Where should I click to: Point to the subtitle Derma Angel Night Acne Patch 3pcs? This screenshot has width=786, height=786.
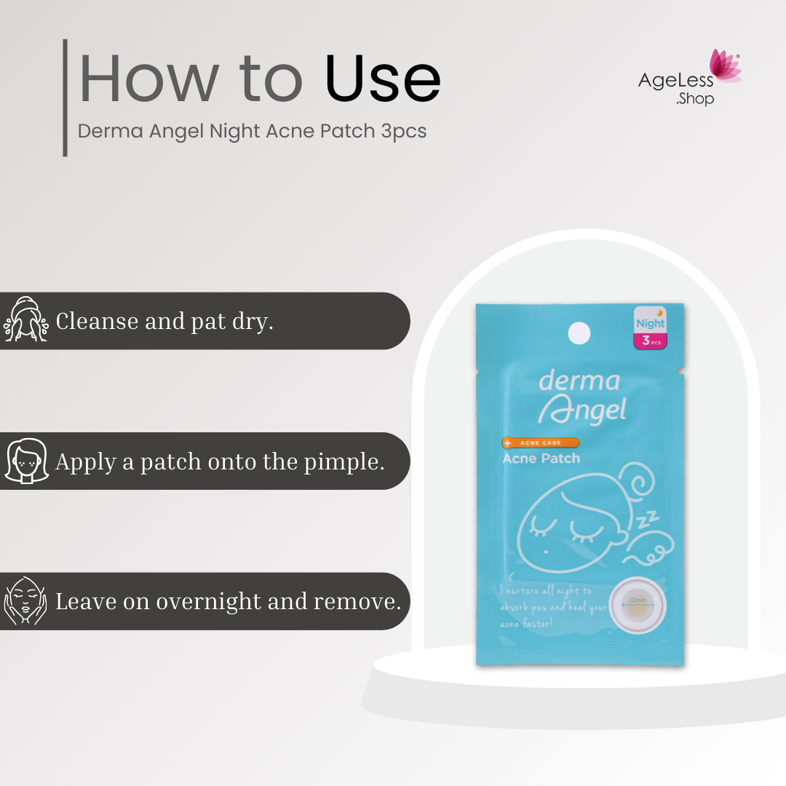tap(252, 132)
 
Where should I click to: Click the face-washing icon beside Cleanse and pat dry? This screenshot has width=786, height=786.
tap(25, 319)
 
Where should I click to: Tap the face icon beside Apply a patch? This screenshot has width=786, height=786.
tap(26, 461)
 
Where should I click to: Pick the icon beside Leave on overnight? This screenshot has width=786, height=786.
tap(25, 600)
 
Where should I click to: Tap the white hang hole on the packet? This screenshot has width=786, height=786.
tap(579, 333)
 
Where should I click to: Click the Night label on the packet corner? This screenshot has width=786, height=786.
tap(650, 322)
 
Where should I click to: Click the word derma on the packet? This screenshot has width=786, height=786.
tap(579, 381)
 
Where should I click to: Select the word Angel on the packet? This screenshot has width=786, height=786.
tap(582, 410)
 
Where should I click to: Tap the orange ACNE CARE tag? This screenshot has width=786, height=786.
tap(541, 442)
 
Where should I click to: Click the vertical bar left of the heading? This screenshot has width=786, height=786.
tap(65, 98)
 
